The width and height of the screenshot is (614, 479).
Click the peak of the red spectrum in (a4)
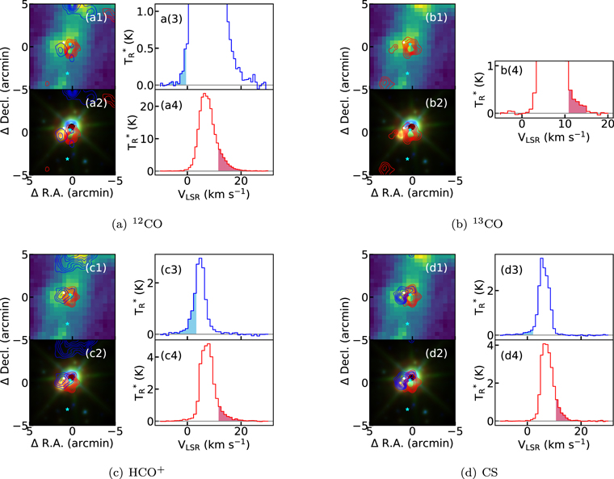pos(204,95)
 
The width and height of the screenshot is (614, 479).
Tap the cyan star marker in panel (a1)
pos(69,73)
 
